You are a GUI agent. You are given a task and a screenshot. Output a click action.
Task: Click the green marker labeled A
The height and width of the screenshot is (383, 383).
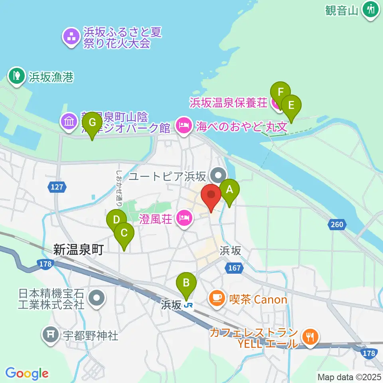pyautogui.click(x=229, y=191)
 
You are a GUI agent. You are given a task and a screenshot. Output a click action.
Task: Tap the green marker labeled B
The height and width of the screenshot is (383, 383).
pyautogui.click(x=186, y=283)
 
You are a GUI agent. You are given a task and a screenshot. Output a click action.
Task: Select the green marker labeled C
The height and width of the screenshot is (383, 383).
pyautogui.click(x=124, y=233)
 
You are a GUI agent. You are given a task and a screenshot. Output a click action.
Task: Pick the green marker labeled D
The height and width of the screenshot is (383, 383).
pyautogui.click(x=116, y=221)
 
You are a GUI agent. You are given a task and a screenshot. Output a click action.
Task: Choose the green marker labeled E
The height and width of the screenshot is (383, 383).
pyautogui.click(x=291, y=106)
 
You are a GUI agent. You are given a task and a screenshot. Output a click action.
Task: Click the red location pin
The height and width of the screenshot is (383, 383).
pyautogui.click(x=211, y=195)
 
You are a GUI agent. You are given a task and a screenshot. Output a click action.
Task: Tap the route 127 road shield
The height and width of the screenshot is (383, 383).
pyautogui.click(x=57, y=187)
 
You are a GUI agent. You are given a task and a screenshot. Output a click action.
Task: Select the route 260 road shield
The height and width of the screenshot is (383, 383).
pyautogui.click(x=337, y=225)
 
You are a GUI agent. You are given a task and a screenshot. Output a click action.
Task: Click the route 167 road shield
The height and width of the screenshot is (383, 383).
pyautogui.click(x=235, y=268)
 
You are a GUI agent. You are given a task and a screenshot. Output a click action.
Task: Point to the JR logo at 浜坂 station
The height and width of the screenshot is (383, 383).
pyautogui.click(x=188, y=306)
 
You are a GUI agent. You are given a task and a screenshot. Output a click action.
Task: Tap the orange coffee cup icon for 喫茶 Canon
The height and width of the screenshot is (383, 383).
pyautogui.click(x=217, y=299)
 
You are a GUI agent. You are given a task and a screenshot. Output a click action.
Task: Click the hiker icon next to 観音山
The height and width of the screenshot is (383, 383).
pyautogui.click(x=371, y=9)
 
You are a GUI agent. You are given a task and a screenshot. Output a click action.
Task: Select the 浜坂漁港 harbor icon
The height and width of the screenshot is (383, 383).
pyautogui.click(x=17, y=76)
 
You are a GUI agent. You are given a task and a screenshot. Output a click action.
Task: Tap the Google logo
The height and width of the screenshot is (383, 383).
pyautogui.click(x=27, y=373)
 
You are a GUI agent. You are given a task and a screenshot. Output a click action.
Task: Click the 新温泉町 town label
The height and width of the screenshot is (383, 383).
pyautogui.click(x=79, y=250)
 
